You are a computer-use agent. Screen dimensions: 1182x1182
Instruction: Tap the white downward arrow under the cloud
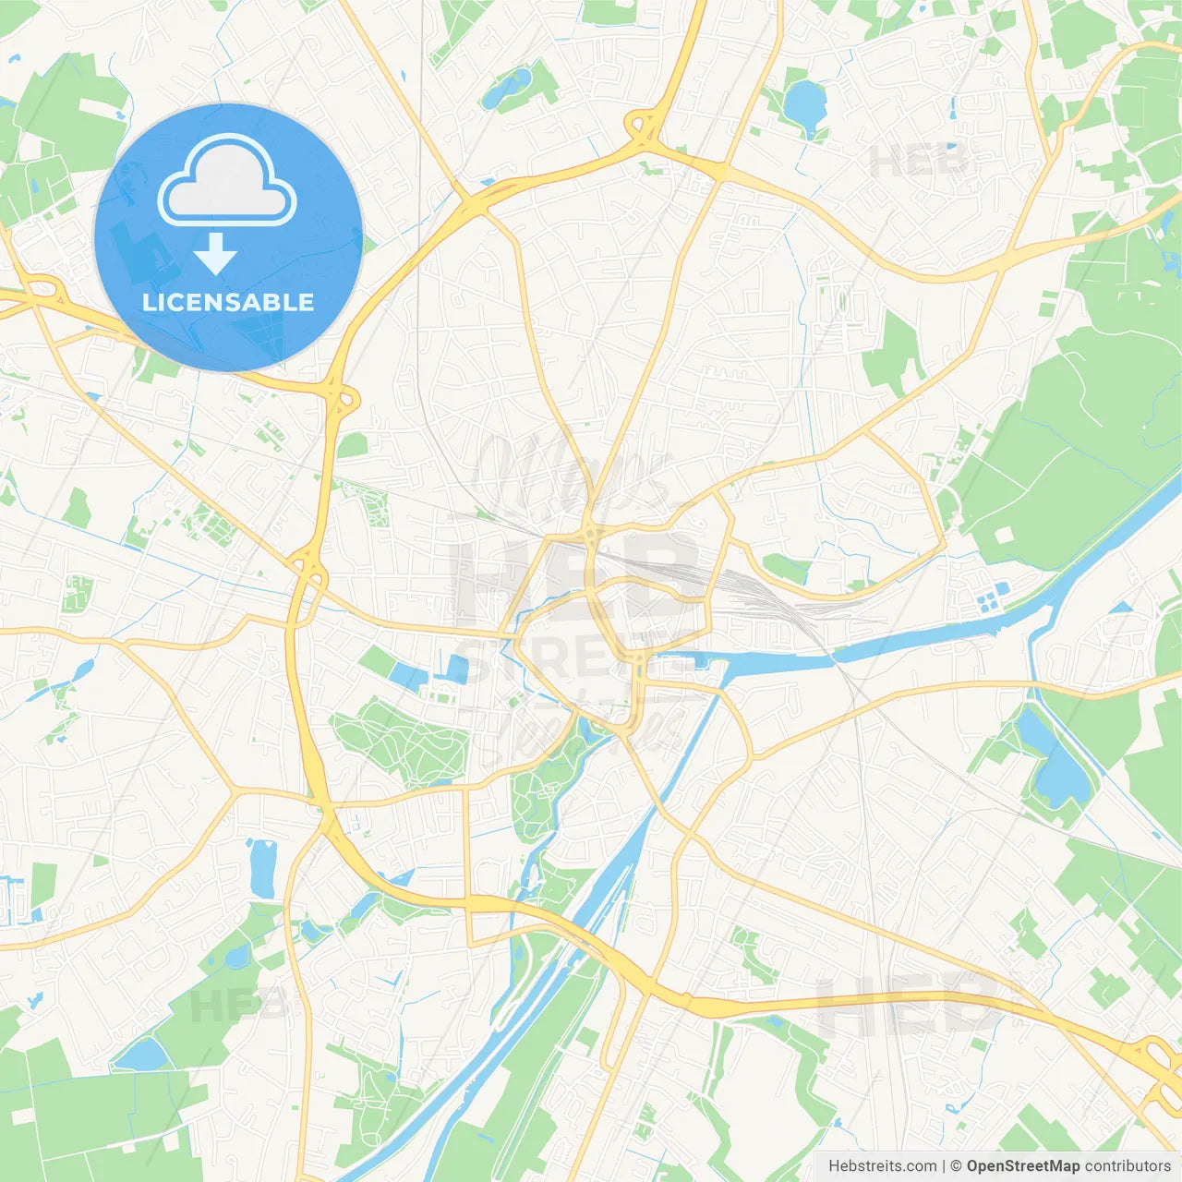coord(215,254)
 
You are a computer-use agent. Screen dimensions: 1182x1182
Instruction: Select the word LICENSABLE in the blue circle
coord(228,302)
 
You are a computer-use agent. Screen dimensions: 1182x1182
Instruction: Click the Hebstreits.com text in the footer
coord(882,1166)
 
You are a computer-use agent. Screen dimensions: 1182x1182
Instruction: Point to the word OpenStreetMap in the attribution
coord(1022,1166)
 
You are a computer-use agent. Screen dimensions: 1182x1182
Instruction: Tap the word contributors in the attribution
coord(1128,1166)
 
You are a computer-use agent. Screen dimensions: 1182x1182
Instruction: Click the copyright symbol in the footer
coord(956,1166)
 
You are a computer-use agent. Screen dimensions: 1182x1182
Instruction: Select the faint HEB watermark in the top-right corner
coord(919,163)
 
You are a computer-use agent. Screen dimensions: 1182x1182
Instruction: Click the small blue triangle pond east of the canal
coord(1121,608)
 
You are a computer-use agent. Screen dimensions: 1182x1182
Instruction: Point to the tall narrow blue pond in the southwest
coord(262,868)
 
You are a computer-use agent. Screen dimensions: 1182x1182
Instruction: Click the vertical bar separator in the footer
coord(944,1166)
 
